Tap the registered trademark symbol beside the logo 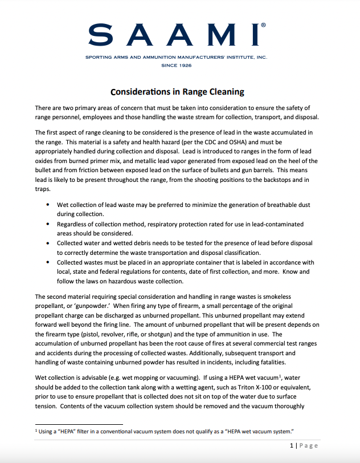pos(262,26)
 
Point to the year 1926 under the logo pos(183,66)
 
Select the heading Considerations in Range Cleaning pos(177,91)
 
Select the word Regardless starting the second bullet pos(75,224)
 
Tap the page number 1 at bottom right pos(291,445)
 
